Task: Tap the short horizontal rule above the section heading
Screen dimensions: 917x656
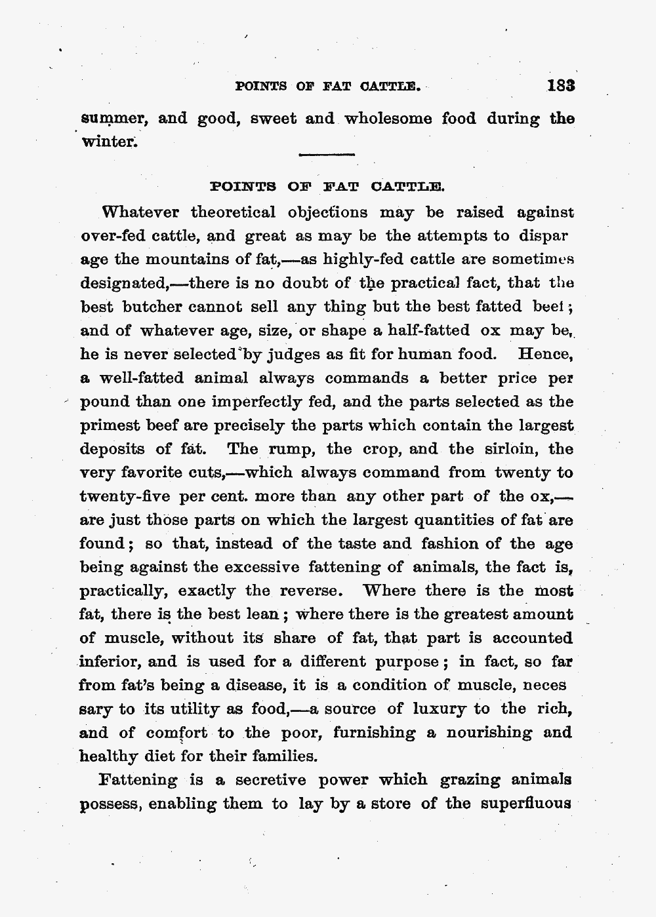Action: pos(326,155)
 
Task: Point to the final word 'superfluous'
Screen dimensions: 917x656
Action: pos(527,804)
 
